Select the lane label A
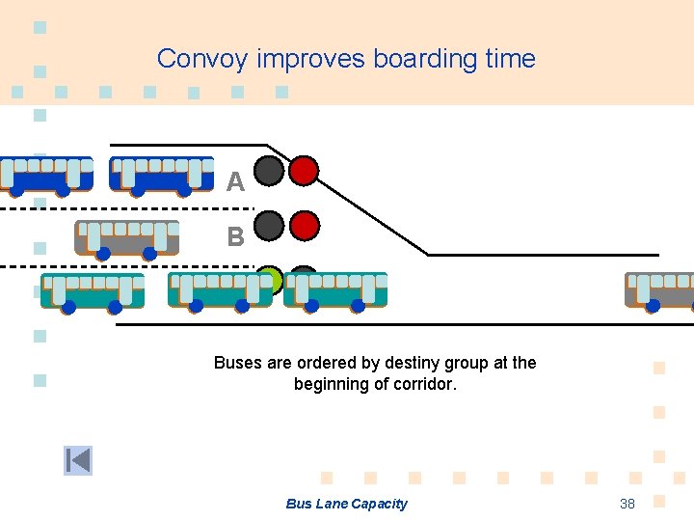(235, 181)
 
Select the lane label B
(235, 236)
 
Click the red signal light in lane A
(304, 171)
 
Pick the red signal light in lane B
(304, 226)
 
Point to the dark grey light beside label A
(269, 171)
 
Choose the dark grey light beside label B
(269, 226)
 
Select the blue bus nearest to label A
(161, 175)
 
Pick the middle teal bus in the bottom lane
(220, 290)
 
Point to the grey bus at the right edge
(660, 290)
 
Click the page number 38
(627, 504)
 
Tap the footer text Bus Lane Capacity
(346, 504)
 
